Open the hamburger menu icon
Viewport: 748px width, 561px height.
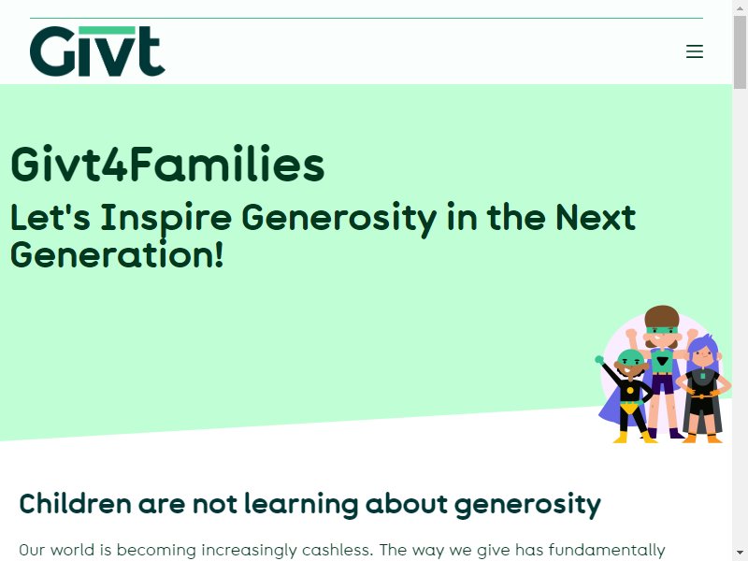(x=695, y=51)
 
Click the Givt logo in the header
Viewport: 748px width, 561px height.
(x=97, y=51)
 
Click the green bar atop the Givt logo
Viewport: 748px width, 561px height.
(x=107, y=30)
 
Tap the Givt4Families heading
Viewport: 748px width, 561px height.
(x=167, y=165)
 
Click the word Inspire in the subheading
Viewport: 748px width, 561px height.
(x=166, y=219)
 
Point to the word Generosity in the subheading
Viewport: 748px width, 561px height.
(x=339, y=219)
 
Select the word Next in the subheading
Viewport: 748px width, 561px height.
(x=596, y=217)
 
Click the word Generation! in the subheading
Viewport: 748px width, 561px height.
(x=117, y=254)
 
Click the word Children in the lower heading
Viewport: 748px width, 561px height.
(x=76, y=504)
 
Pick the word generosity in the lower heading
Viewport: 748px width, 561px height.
(x=527, y=505)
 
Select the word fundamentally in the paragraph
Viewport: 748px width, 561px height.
(x=607, y=550)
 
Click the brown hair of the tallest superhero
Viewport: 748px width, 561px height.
(x=662, y=316)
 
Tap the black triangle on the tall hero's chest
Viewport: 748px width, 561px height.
(x=662, y=361)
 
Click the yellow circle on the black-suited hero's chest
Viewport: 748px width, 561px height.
(x=629, y=391)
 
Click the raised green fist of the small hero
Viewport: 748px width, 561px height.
(x=599, y=360)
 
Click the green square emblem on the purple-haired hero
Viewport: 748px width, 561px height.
(x=702, y=376)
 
